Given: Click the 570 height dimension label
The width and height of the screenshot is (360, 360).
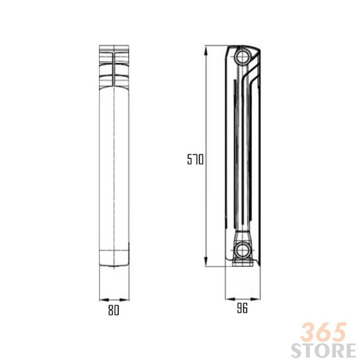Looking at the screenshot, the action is (x=195, y=159).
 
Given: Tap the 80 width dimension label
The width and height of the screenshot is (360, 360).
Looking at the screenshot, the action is (x=114, y=310).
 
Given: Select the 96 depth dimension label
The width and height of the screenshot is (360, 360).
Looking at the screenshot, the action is (x=242, y=308).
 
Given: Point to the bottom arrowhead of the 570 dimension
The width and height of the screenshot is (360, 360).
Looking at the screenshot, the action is (x=206, y=262).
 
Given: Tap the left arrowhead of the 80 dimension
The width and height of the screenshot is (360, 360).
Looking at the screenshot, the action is (x=104, y=300).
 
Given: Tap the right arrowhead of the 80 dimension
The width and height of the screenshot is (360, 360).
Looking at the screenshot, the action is (x=124, y=300).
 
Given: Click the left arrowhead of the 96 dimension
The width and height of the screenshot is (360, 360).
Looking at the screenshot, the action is (x=230, y=299).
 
